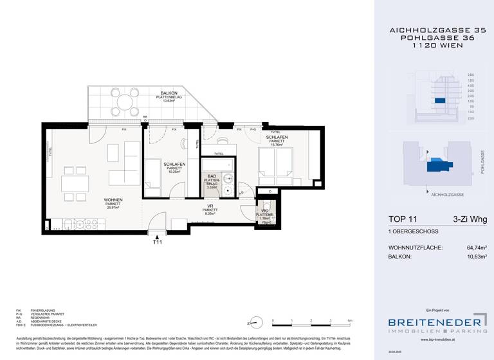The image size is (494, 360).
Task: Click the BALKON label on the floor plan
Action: [170, 94]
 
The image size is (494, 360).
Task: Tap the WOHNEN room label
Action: [113, 200]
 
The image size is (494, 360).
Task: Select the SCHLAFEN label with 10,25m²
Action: [174, 164]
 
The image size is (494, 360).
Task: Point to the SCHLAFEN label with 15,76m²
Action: [277, 137]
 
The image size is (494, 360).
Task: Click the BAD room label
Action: [212, 175]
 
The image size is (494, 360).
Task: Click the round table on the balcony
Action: [122, 101]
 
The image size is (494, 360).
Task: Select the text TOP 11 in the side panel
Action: [403, 220]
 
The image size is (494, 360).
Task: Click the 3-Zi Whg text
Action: [470, 220]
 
